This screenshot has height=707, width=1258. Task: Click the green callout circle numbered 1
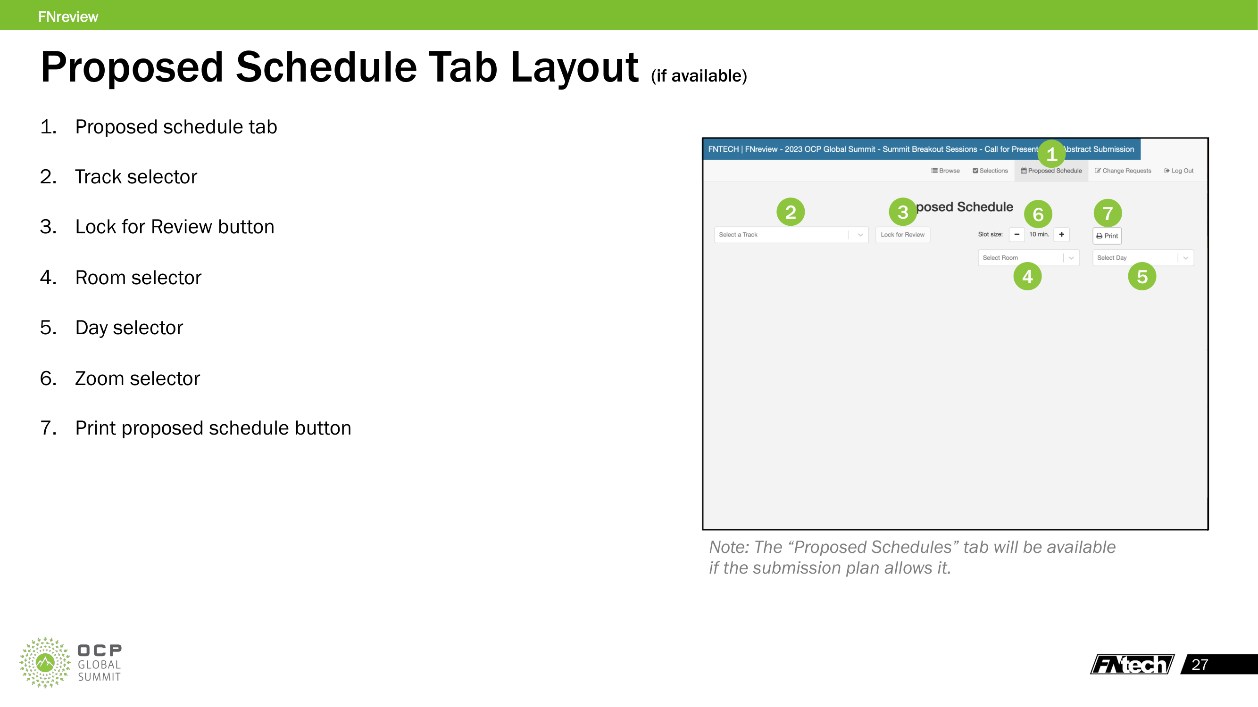point(1051,154)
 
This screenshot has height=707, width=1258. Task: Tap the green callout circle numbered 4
point(1027,277)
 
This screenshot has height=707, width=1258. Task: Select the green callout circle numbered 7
point(1108,213)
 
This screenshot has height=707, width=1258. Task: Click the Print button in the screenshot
point(1107,236)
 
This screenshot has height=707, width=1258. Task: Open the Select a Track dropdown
point(791,235)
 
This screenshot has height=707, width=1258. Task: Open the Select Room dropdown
point(1028,258)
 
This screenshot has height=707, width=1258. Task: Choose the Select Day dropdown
point(1143,258)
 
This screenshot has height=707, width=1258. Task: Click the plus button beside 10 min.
point(1062,235)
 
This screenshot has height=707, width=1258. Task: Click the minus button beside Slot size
point(1017,235)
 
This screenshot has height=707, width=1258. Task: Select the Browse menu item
point(945,171)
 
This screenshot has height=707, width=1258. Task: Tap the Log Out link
point(1179,171)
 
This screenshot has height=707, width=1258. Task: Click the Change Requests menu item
point(1123,171)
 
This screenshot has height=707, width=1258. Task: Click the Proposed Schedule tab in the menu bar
point(1051,171)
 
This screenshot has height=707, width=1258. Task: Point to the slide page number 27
point(1200,665)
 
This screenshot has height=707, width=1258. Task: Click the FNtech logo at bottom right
point(1132,665)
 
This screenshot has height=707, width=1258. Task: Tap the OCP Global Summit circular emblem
point(45,662)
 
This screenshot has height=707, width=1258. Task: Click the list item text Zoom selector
point(137,378)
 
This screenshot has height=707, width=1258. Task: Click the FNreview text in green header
point(68,16)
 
